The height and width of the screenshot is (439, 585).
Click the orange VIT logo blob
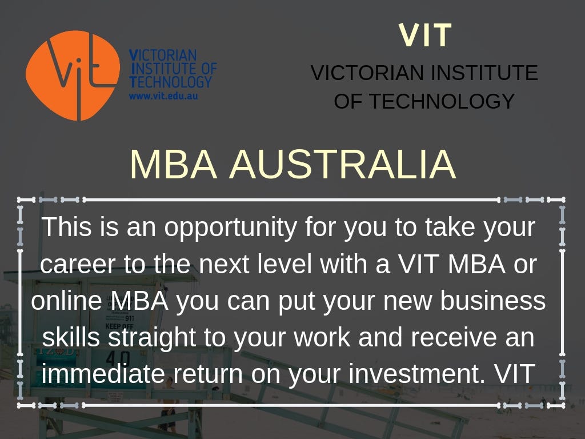(73, 75)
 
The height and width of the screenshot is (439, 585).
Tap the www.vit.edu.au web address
(163, 96)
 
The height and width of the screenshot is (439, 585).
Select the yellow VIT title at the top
(425, 35)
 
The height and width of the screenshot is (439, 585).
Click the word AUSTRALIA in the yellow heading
(343, 165)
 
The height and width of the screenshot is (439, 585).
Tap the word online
(66, 301)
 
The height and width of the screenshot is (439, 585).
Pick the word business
(493, 301)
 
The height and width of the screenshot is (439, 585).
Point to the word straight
(152, 338)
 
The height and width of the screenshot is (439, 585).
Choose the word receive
(454, 337)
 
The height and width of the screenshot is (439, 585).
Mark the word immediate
(103, 373)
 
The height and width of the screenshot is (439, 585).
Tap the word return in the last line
(208, 374)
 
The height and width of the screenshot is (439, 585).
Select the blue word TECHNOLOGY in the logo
(170, 82)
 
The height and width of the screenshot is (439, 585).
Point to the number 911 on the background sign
(130, 318)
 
